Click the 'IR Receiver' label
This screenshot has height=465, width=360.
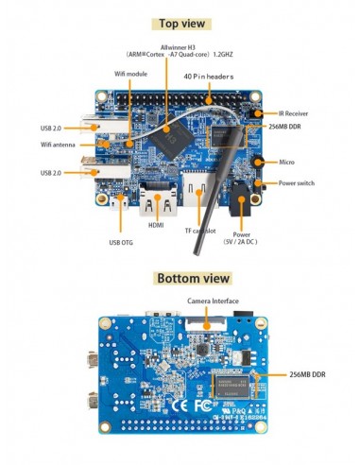click(300, 112)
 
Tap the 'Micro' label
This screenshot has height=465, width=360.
click(291, 163)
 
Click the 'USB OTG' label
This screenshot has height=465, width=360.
click(121, 242)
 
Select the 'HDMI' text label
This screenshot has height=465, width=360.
click(156, 226)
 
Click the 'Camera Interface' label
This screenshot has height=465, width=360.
click(212, 301)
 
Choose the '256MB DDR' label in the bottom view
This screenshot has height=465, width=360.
click(312, 375)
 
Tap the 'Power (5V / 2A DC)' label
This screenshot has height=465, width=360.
click(242, 237)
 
